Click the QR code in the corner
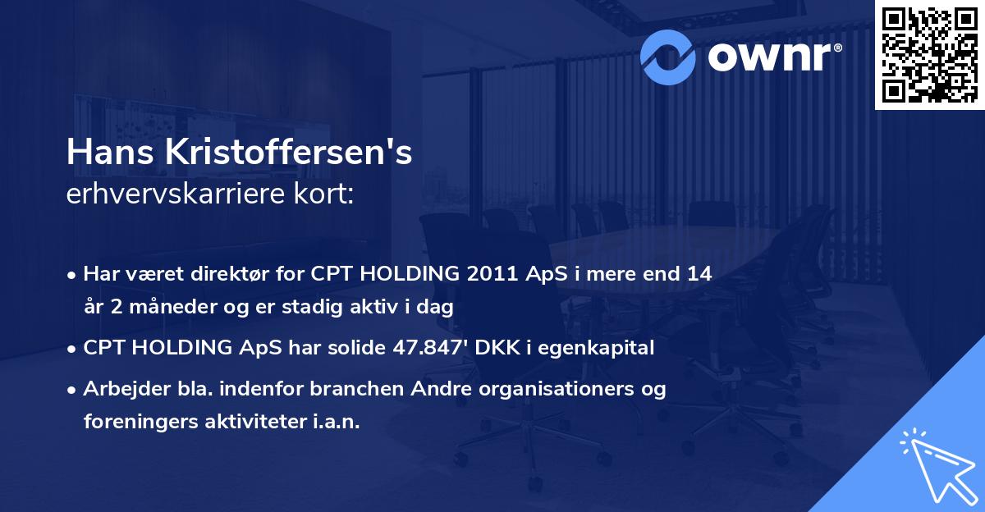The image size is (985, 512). point(929,54)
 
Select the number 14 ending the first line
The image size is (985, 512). point(699,274)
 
